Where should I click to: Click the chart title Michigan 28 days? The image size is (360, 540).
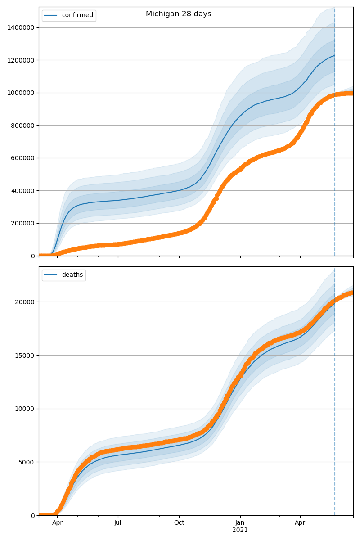[178, 14]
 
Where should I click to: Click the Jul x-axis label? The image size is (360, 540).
[118, 523]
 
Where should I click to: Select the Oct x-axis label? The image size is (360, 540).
[179, 523]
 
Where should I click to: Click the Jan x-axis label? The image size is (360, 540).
[240, 523]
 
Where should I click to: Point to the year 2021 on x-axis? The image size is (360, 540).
[240, 530]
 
